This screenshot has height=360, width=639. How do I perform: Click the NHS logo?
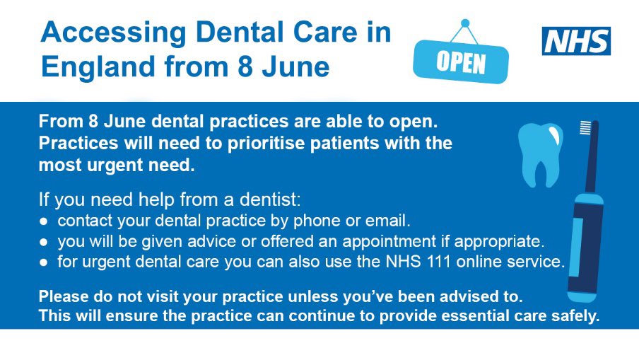click(x=575, y=40)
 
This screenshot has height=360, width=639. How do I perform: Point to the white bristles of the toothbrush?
click(x=585, y=128)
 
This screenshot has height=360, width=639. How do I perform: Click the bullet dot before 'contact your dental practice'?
click(x=43, y=221)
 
